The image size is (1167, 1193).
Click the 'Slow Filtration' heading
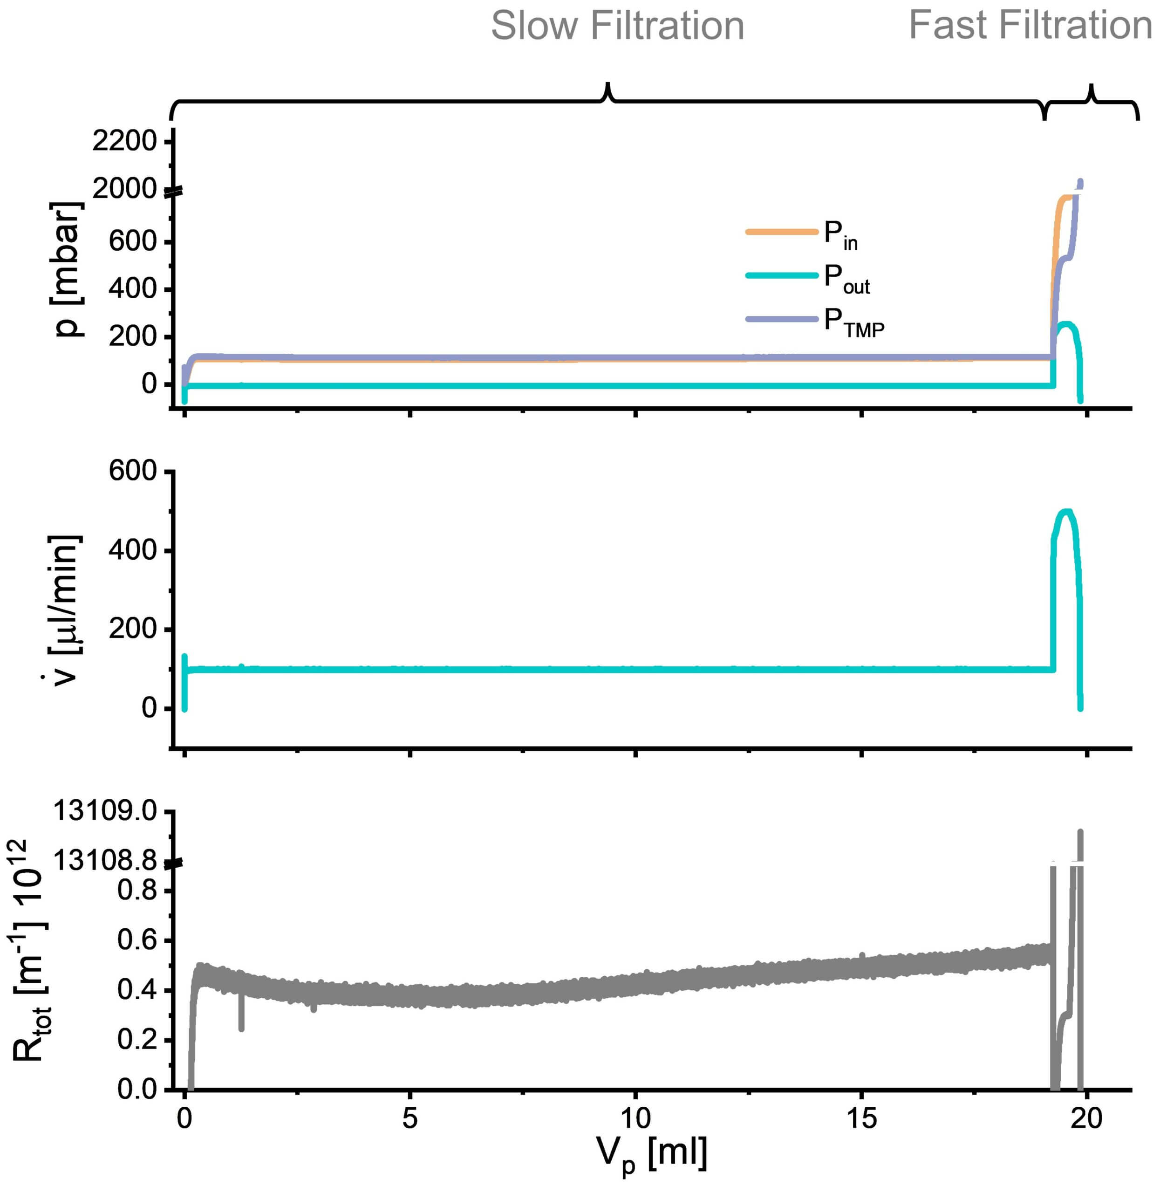pos(617,27)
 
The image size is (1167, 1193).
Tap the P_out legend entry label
pos(846,279)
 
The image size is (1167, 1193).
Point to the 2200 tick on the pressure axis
pos(124,142)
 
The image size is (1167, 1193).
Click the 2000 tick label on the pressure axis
pos(124,189)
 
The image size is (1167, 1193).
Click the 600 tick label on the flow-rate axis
pos(132,472)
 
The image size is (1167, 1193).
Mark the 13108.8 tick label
pos(105,861)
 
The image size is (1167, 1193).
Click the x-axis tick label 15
pos(861,1118)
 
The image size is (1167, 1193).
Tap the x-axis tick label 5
pos(409,1118)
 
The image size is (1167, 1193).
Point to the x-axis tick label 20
pos(1087,1118)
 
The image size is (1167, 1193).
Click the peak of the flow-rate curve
pos(1066,511)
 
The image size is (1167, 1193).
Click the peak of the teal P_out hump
pos(1066,324)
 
